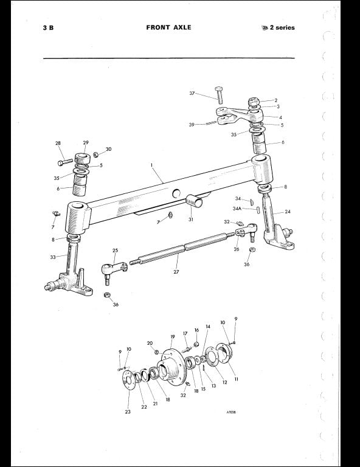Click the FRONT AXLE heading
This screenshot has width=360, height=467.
click(x=168, y=27)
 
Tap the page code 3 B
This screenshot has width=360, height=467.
click(x=48, y=28)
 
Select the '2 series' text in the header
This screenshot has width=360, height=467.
click(x=282, y=28)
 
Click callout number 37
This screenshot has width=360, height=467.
click(x=192, y=93)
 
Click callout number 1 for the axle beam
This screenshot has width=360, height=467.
click(x=151, y=164)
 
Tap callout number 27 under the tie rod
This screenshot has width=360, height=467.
click(x=176, y=272)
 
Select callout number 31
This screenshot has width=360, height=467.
click(x=191, y=219)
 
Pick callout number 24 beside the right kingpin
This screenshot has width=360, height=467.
click(x=288, y=212)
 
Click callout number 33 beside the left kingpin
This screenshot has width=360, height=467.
click(x=53, y=257)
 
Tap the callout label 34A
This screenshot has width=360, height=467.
click(x=237, y=209)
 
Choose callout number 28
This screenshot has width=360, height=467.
click(x=58, y=143)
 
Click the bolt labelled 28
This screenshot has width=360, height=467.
click(x=64, y=162)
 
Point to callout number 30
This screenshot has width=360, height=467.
click(x=108, y=149)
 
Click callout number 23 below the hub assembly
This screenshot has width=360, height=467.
click(x=128, y=412)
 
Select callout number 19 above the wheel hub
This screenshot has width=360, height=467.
click(x=173, y=337)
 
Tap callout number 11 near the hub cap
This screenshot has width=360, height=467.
click(x=237, y=379)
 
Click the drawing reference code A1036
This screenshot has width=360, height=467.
click(x=231, y=412)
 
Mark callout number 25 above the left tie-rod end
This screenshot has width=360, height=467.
click(x=115, y=250)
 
